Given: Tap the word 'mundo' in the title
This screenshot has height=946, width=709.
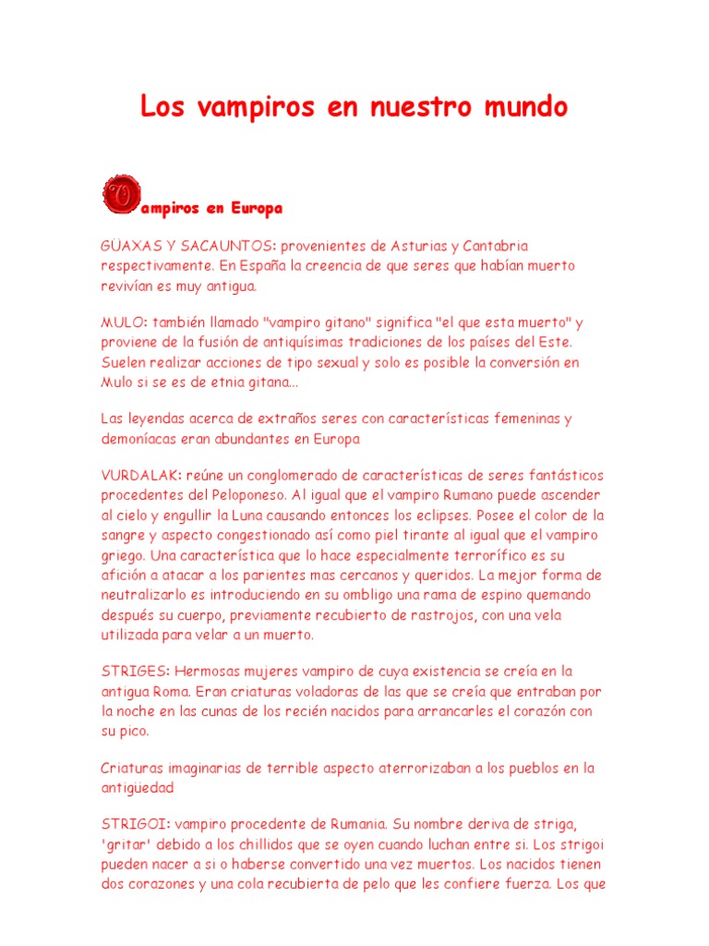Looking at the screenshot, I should coord(522,108).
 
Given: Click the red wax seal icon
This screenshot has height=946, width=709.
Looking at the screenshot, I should coord(119,193).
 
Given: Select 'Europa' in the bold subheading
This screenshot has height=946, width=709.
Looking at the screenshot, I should coord(256,209).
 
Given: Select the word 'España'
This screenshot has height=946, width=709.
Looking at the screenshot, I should coord(264,265).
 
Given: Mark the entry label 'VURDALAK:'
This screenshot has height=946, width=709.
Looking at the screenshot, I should coord(140,475).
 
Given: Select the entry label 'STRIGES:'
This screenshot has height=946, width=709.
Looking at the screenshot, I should coord(133,671).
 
